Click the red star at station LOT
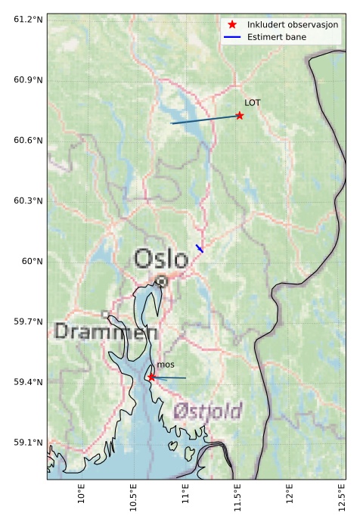pos(240,116)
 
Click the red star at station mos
pos(151,377)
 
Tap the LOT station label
pos(253,102)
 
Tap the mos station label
pos(166,365)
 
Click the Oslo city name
pos(160,259)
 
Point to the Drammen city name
pos(106,331)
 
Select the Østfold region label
pos(208,412)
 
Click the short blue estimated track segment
pos(200,248)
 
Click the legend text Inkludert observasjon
pos(293,24)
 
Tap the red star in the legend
pos(232,24)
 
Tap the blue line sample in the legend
pos(232,36)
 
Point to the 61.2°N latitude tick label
pos(28,19)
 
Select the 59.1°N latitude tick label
pos(28,443)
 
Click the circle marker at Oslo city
pos(162,281)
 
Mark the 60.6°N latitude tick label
pos(28,140)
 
